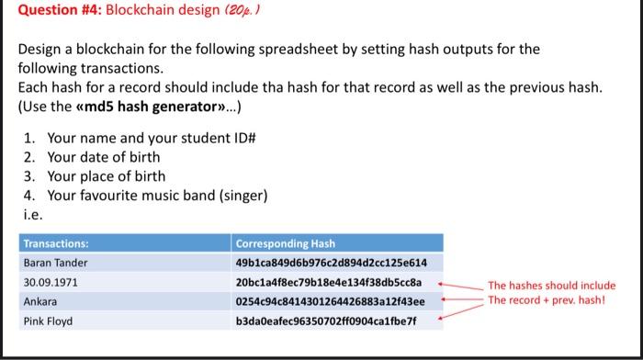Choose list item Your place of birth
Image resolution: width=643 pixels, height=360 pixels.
pyautogui.click(x=107, y=176)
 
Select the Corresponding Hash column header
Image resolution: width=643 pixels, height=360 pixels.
pyautogui.click(x=285, y=244)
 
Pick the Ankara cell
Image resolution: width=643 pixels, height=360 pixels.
pyautogui.click(x=40, y=301)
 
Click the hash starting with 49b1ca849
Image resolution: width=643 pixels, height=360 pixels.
pyautogui.click(x=331, y=264)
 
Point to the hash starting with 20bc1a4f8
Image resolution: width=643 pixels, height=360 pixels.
pyautogui.click(x=328, y=282)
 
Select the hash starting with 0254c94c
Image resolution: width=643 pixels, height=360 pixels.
pyautogui.click(x=330, y=301)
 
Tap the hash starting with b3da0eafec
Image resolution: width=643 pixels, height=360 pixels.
pyautogui.click(x=326, y=321)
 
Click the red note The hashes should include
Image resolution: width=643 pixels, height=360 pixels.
pyautogui.click(x=551, y=286)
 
